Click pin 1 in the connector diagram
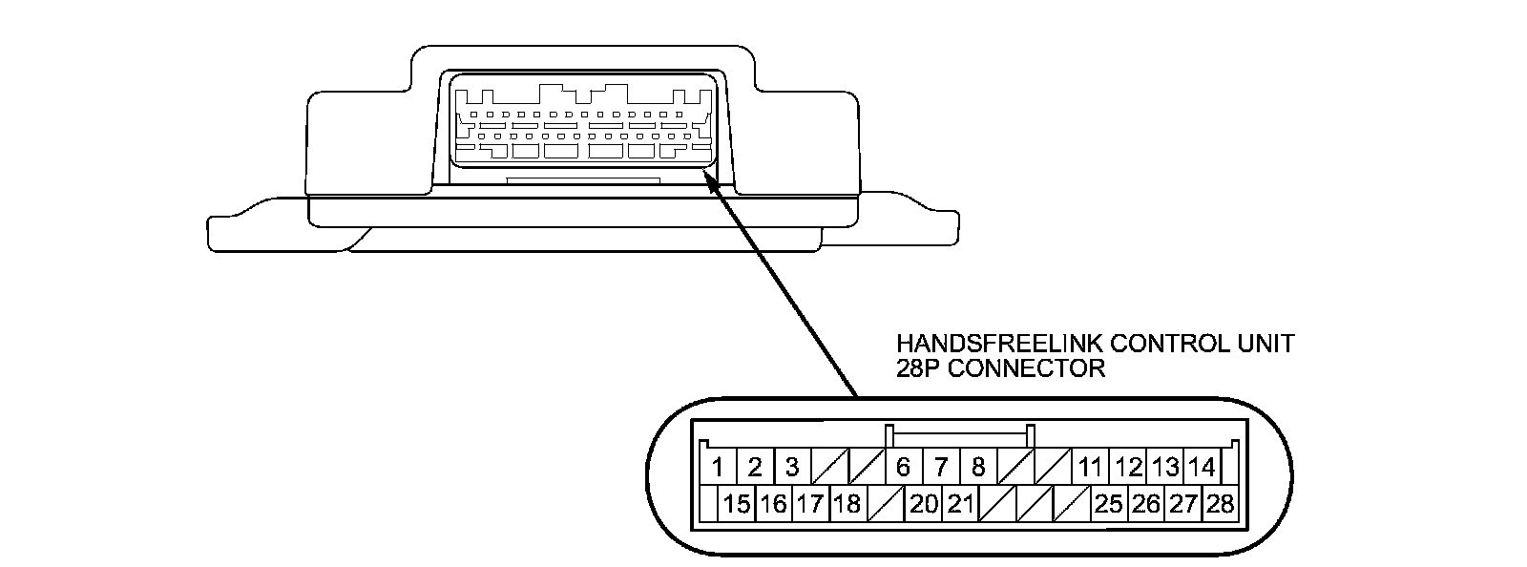click(718, 467)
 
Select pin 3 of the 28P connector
click(792, 467)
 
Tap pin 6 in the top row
click(904, 467)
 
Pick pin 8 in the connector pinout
click(978, 467)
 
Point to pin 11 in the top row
click(1090, 467)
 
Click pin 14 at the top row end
click(1203, 467)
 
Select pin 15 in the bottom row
click(737, 503)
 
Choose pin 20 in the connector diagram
click(924, 503)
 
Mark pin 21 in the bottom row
click(960, 503)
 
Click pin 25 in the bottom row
click(1109, 503)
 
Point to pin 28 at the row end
click(1221, 503)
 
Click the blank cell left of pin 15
click(709, 503)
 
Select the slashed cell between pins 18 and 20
click(887, 503)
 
